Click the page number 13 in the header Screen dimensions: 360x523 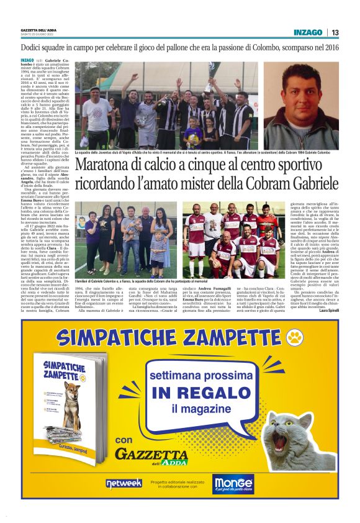tap(335, 32)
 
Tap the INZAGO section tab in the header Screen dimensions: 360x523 tap(308, 32)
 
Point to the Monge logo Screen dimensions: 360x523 tap(233, 483)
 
